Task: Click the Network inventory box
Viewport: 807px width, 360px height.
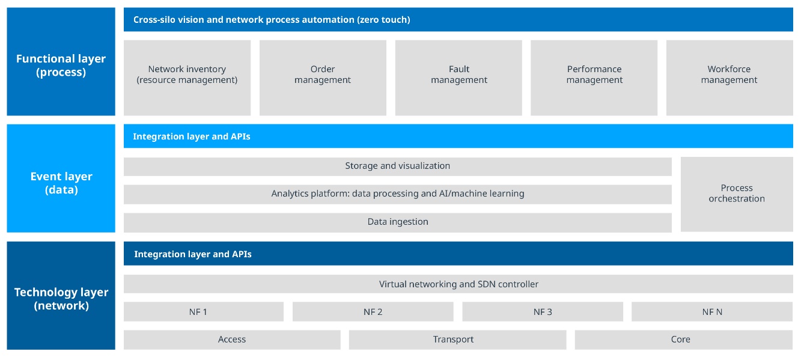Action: click(187, 78)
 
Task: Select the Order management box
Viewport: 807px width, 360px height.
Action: click(323, 78)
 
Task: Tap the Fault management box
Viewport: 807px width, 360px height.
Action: click(458, 78)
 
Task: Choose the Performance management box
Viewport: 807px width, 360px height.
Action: click(594, 78)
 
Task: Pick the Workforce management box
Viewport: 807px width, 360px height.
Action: click(729, 78)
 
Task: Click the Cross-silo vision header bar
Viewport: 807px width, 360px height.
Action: click(458, 20)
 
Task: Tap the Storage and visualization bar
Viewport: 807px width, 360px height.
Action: click(397, 166)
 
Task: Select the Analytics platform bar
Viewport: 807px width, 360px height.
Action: click(397, 194)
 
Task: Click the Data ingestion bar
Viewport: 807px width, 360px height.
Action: click(397, 222)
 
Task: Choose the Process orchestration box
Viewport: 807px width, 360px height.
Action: click(737, 194)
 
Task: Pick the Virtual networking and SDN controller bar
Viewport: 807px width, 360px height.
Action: click(458, 284)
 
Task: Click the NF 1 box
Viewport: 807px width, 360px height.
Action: click(203, 312)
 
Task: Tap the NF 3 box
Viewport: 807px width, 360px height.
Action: click(542, 312)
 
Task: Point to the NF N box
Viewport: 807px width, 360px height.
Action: click(712, 312)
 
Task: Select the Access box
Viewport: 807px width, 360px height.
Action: click(232, 340)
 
